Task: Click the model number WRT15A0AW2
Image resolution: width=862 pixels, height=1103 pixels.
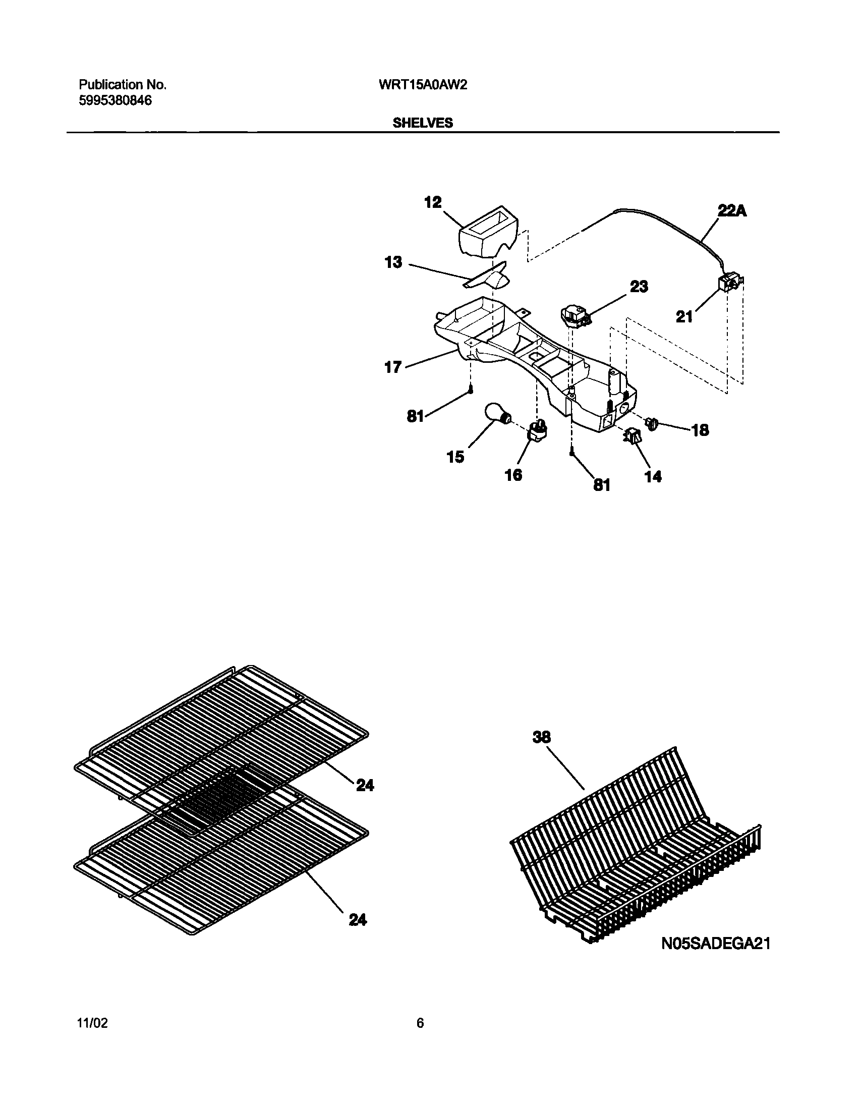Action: point(423,85)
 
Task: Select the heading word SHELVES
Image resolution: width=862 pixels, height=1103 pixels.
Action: point(423,123)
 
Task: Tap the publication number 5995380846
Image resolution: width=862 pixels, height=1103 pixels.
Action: point(115,100)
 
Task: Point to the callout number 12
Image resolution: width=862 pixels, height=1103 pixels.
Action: point(433,202)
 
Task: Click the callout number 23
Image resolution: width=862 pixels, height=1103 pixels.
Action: point(638,287)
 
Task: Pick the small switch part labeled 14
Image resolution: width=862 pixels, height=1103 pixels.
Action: point(633,435)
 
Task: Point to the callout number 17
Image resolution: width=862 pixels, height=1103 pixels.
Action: point(393,367)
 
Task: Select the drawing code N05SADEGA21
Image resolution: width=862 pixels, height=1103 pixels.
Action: point(716,943)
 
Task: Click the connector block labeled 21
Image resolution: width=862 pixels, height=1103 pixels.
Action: point(730,285)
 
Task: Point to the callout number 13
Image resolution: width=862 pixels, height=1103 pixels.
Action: point(393,262)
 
